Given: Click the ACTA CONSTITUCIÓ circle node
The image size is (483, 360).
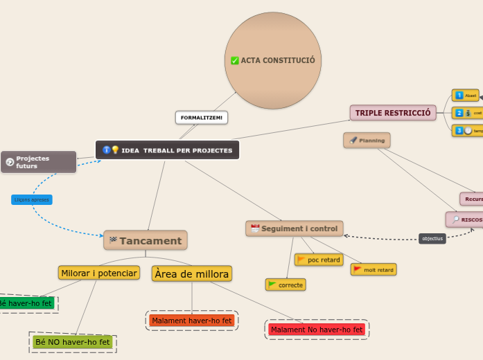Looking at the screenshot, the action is point(273,61).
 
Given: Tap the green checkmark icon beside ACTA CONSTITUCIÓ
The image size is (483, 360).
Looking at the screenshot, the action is point(235,61).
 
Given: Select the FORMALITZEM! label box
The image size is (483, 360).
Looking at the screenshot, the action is point(202,118).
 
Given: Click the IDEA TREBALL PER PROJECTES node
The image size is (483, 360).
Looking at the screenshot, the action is point(167,150).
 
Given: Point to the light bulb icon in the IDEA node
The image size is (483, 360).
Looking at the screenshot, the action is point(115,150).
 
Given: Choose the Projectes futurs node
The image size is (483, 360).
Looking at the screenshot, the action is point(38,162).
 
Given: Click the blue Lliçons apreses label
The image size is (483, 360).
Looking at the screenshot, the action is point(32,199).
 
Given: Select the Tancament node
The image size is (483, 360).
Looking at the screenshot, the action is point(146,241).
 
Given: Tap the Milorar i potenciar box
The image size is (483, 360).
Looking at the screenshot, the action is point(99,273).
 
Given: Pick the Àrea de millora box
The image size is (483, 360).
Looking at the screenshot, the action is point(191,274).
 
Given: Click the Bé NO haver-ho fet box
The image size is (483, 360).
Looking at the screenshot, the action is point(73,342).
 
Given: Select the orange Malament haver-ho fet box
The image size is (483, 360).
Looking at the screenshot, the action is point(192,321).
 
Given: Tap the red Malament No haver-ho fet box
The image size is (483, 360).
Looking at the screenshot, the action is point(317,330).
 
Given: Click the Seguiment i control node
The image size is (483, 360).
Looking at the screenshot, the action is point(295,228).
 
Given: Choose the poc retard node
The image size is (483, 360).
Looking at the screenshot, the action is point(319,260).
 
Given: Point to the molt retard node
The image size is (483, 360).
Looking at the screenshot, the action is point(374,269).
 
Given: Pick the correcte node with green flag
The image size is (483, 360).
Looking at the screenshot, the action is point(286,285).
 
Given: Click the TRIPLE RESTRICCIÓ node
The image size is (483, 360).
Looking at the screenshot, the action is point(393,113).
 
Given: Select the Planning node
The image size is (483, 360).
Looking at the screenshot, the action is point(367,141).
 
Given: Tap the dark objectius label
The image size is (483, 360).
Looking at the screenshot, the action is point(432,239).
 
